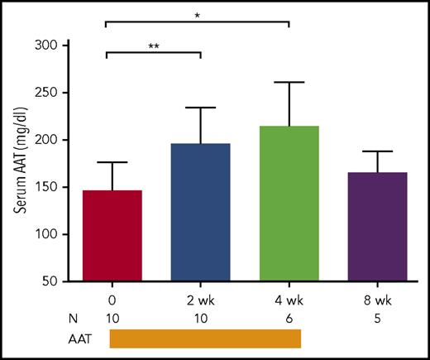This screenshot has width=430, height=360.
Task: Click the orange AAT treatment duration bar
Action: [x=205, y=338]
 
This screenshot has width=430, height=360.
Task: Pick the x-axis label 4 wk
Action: [x=289, y=300]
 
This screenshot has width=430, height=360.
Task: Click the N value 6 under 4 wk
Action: [x=289, y=317]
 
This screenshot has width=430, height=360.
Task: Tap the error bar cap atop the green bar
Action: [x=289, y=82]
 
